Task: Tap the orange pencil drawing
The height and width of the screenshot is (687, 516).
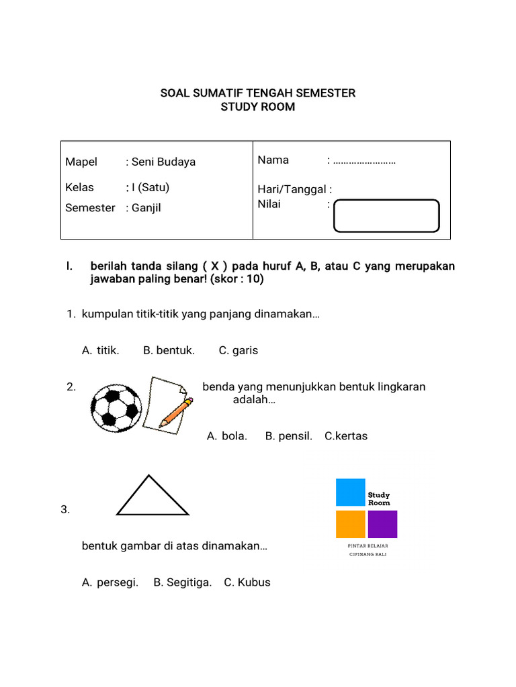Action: (x=176, y=412)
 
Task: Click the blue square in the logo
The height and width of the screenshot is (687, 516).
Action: (x=350, y=492)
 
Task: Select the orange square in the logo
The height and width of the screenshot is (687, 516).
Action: (x=350, y=525)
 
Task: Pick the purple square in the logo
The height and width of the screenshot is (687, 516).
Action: (x=382, y=525)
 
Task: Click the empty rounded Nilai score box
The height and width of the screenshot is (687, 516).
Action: (x=386, y=216)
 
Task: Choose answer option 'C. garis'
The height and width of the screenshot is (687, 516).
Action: (x=239, y=350)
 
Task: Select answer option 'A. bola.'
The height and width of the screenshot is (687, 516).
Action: (x=227, y=436)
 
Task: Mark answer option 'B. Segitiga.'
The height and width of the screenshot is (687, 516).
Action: (x=183, y=582)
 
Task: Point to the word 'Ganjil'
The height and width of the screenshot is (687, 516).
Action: (x=146, y=208)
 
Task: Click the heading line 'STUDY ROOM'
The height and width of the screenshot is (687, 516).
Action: (x=258, y=107)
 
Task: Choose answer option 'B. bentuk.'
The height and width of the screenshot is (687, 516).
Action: (x=169, y=350)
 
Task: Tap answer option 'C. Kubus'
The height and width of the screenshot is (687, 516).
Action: (x=247, y=582)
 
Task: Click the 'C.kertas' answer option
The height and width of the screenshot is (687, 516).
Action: (x=346, y=436)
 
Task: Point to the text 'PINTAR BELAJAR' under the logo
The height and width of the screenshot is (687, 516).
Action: (x=367, y=546)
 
